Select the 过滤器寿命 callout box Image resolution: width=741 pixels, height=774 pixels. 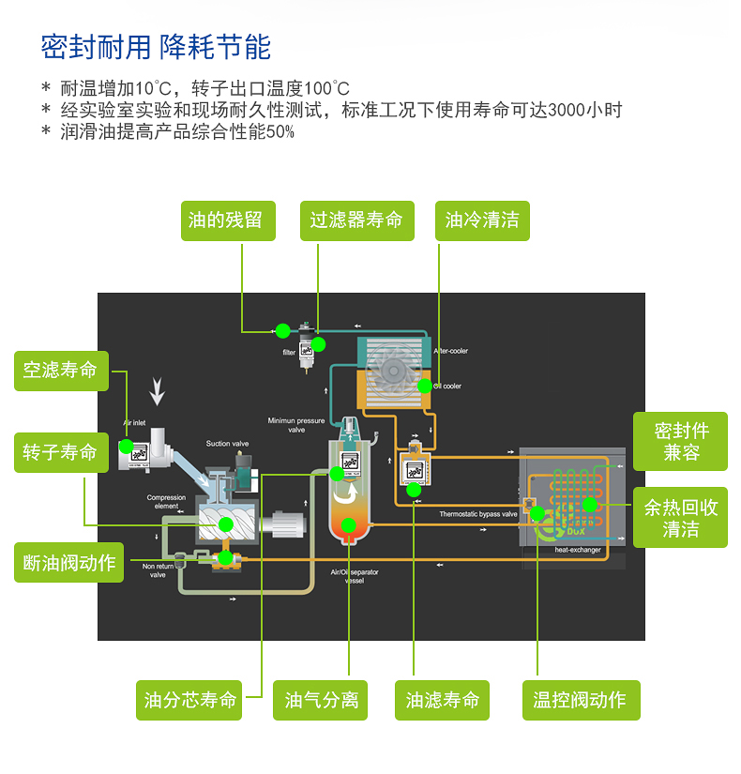(356, 220)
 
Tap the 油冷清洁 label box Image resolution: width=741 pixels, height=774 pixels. (482, 220)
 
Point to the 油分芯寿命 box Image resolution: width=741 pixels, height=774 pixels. (189, 700)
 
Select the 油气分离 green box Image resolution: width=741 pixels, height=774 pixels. (322, 700)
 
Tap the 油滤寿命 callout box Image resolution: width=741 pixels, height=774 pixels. (442, 700)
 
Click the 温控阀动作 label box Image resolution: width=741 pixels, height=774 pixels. (580, 700)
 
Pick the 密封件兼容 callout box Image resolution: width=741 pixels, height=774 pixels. (681, 441)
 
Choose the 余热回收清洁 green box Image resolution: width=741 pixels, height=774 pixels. (681, 518)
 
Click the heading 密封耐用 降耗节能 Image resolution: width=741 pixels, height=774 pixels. (156, 47)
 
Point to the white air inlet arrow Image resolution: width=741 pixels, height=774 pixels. (158, 390)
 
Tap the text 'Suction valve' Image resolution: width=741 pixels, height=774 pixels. (227, 444)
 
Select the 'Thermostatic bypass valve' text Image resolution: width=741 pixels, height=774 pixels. (478, 514)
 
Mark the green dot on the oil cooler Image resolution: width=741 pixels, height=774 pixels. (425, 385)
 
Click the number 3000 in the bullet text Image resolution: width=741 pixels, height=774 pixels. (567, 110)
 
